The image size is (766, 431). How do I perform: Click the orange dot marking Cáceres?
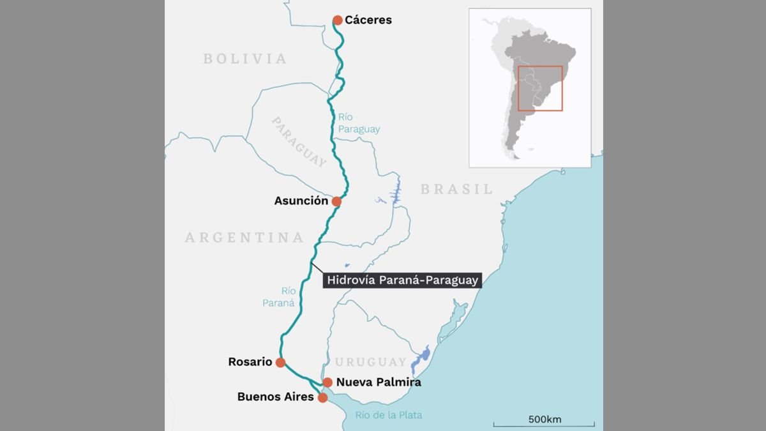pyautogui.click(x=338, y=20)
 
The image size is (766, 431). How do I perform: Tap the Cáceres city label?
pyautogui.click(x=368, y=20)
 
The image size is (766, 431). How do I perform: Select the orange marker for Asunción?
pyautogui.click(x=336, y=202)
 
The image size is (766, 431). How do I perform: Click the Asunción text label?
pyautogui.click(x=301, y=201)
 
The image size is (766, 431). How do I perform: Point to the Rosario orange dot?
pyautogui.click(x=280, y=363)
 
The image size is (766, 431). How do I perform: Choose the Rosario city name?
pyautogui.click(x=250, y=362)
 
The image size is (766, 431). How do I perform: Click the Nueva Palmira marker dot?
pyautogui.click(x=327, y=382)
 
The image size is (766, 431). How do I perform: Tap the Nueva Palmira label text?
pyautogui.click(x=379, y=382)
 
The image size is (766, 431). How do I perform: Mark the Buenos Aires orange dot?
pyautogui.click(x=322, y=398)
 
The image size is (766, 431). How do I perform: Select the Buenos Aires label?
pyautogui.click(x=275, y=397)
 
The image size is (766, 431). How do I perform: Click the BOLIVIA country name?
pyautogui.click(x=245, y=59)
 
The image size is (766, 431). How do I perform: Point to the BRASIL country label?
pyautogui.click(x=456, y=189)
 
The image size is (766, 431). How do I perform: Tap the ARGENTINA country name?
pyautogui.click(x=244, y=238)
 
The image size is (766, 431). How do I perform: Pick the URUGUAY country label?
pyautogui.click(x=371, y=362)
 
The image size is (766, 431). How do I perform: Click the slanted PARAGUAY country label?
pyautogui.click(x=299, y=142)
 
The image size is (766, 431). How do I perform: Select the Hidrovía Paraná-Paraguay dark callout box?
pyautogui.click(x=402, y=280)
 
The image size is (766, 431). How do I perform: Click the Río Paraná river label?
pyautogui.click(x=278, y=297)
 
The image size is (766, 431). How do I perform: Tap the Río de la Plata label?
pyautogui.click(x=389, y=415)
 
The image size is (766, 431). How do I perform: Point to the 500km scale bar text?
pyautogui.click(x=544, y=420)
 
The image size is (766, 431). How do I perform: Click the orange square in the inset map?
pyautogui.click(x=540, y=88)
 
